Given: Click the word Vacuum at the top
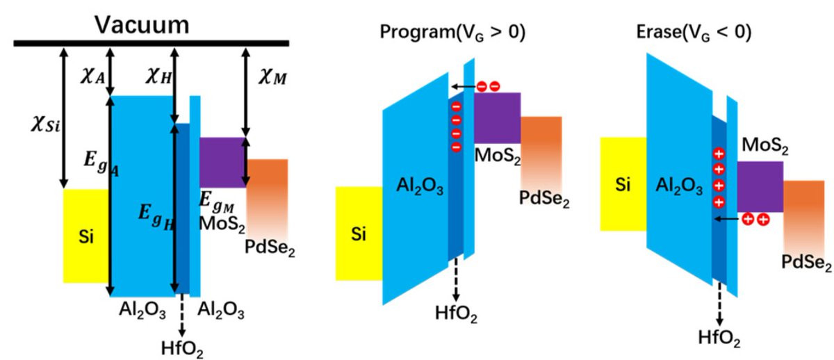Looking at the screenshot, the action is coord(142,25).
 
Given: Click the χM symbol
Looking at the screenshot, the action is coord(273,77).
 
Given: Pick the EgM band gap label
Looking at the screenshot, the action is coord(217,202).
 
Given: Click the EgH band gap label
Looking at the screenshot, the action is coord(156,218).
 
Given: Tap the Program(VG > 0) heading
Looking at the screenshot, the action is coord(452,32).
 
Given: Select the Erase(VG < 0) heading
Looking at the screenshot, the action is coord(694,32).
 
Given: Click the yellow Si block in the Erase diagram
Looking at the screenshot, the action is coord(623,184).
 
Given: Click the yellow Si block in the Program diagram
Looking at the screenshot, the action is coord(359,234).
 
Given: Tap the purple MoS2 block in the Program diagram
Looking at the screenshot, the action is coord(497,117).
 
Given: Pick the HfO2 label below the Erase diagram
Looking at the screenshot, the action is coord(719,338).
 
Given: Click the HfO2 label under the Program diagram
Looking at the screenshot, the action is coord(456,313).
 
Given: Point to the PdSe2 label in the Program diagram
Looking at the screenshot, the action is coord(544,199).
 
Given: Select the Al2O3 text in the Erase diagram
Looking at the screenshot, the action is coord(679,186).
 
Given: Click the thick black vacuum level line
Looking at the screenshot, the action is coord(152,44).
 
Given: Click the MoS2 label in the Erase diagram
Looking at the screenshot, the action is coord(765,145).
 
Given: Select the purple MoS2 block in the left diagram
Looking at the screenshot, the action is coord(222,163).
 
